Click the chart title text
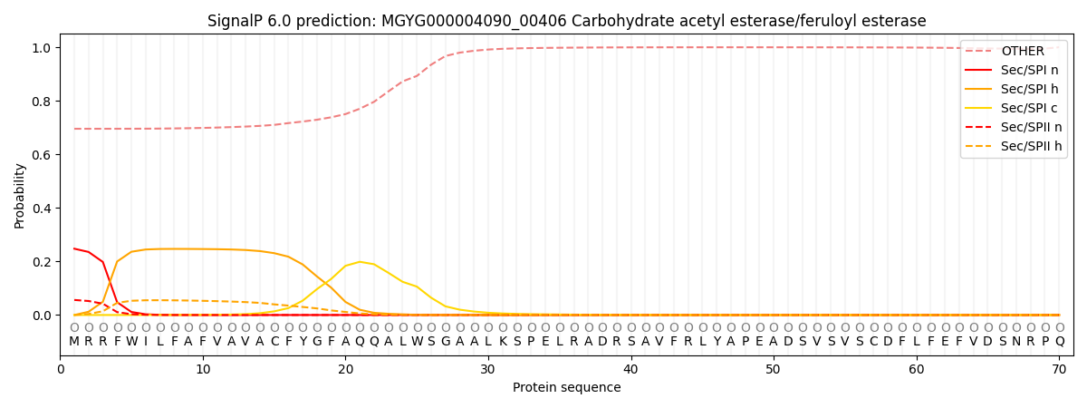(x=566, y=21)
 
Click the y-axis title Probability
(x=20, y=195)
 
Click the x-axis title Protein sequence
(x=566, y=388)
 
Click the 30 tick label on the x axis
(x=488, y=370)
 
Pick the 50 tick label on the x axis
(x=773, y=370)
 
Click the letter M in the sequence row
(x=74, y=342)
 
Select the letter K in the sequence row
(x=502, y=342)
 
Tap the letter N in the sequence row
(x=1016, y=342)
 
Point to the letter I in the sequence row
(x=146, y=342)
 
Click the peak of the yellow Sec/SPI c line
(x=360, y=261)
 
